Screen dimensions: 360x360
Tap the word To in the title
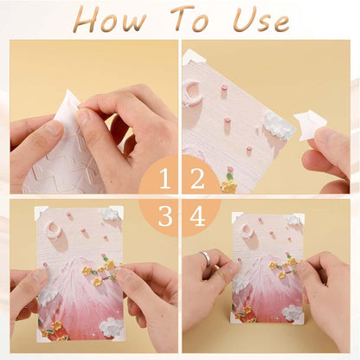point(190,19)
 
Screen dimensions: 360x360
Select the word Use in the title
point(260,20)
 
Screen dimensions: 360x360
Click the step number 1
point(164,179)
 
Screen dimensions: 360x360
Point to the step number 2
point(197,179)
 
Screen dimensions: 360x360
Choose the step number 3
point(165,215)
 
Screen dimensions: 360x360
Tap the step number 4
point(197,215)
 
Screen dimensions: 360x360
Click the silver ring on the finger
point(205,257)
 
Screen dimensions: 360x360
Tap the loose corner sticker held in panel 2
point(309,125)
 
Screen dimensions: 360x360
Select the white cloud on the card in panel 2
point(276,125)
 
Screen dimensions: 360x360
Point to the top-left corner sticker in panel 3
point(41,213)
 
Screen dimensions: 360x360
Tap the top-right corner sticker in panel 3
point(118,212)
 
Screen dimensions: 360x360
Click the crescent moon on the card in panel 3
point(54,229)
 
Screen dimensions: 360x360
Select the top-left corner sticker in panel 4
point(237,217)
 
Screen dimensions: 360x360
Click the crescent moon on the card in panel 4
point(247,231)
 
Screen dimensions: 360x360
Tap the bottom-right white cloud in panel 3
point(112,328)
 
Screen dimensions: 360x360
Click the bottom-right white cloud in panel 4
point(292,314)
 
